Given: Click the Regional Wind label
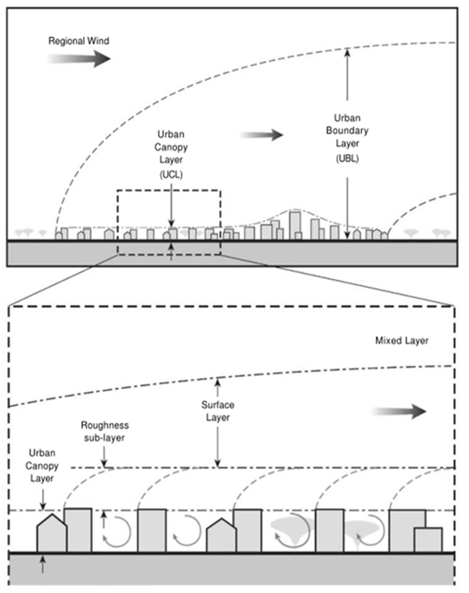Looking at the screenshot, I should (79, 41).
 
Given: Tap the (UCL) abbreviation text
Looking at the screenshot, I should (171, 175).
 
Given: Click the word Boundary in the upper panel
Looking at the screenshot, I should (347, 130).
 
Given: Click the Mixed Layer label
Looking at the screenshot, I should (402, 341).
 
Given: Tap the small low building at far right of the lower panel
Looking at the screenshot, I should (428, 540).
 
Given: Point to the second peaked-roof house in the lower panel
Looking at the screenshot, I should (221, 536).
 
